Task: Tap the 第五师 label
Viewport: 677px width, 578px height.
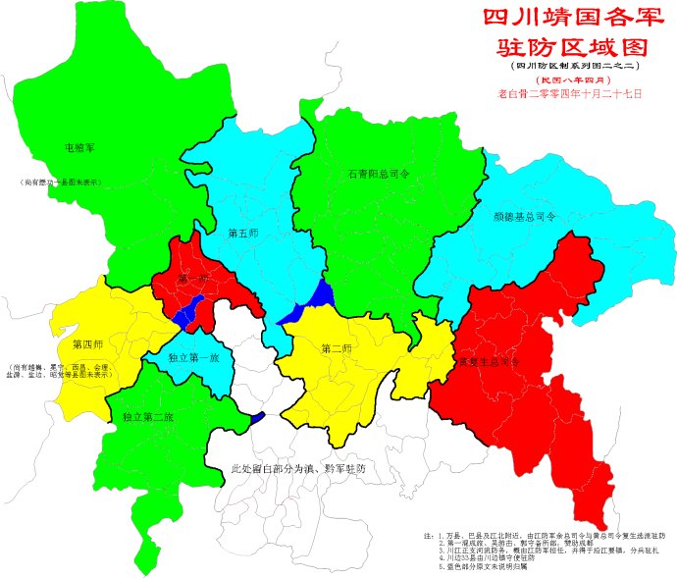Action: point(242,234)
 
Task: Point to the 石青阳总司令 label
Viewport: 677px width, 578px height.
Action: point(378,174)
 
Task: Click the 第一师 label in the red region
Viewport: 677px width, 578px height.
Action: point(193,282)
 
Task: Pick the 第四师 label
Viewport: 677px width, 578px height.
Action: point(88,344)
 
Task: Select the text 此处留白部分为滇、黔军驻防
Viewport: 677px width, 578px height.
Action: point(297,470)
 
